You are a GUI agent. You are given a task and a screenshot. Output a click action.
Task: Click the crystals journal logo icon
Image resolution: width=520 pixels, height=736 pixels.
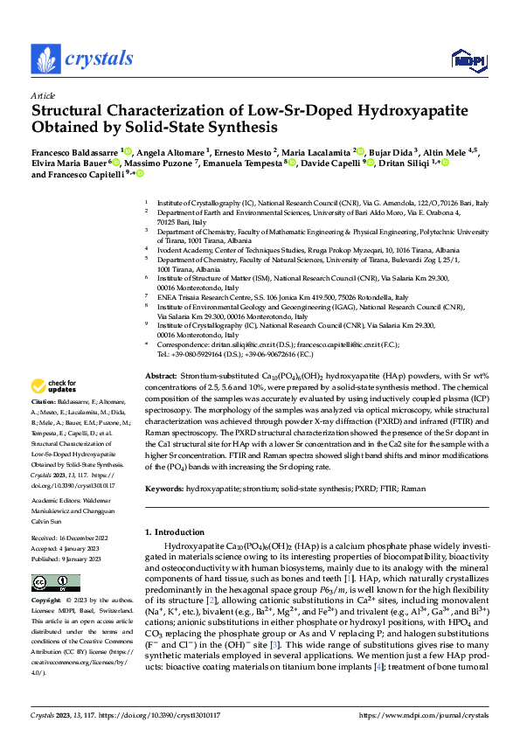45,59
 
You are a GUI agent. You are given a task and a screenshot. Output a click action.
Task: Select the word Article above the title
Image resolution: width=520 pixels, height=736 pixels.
42,95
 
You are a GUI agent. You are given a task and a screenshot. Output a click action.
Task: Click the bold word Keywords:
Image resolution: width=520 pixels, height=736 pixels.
164,489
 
